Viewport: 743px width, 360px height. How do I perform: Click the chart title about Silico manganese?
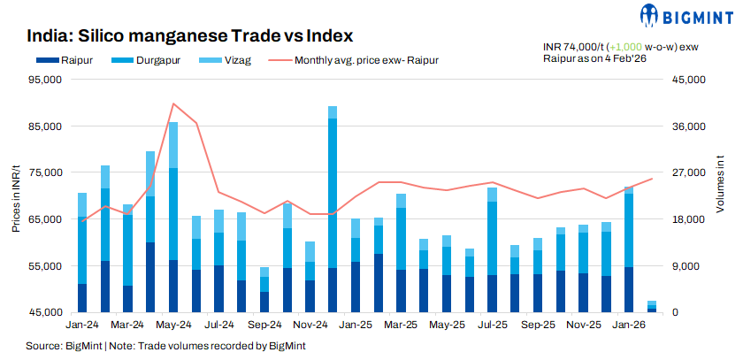tap(190, 36)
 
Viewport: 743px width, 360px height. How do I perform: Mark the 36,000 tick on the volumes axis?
tap(687, 126)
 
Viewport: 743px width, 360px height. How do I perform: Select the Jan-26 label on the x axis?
tap(629, 326)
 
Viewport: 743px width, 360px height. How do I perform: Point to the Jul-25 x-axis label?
tap(492, 326)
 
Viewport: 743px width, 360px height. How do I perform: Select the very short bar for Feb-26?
tap(652, 307)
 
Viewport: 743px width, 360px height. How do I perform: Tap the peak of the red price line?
tap(173, 103)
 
